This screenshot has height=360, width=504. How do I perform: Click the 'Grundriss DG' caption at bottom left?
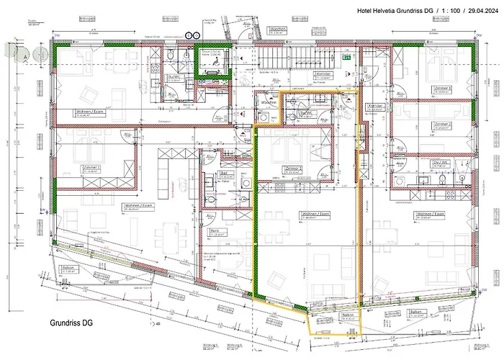(71, 323)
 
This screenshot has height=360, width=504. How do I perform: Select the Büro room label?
(215, 231)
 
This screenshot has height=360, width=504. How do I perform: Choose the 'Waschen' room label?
(269, 103)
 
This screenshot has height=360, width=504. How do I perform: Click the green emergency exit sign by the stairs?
(345, 58)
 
